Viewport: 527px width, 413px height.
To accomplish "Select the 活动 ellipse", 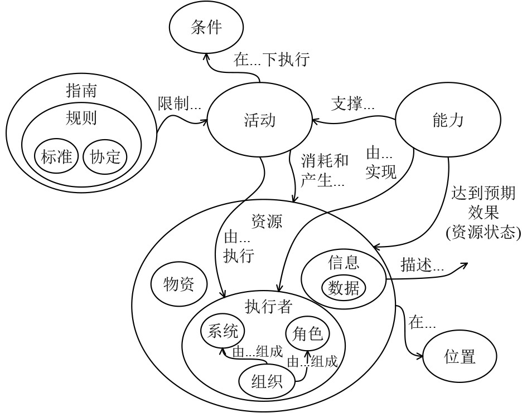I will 259,121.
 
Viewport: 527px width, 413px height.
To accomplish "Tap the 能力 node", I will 448,121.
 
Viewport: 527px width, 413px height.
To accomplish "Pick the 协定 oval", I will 105,157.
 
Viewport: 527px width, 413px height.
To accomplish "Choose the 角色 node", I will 307,334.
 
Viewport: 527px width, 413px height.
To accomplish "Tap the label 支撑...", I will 353,104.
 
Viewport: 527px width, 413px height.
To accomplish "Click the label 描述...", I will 422,265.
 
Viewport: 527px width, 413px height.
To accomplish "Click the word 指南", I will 81,91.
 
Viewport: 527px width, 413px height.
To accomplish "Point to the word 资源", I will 267,221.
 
